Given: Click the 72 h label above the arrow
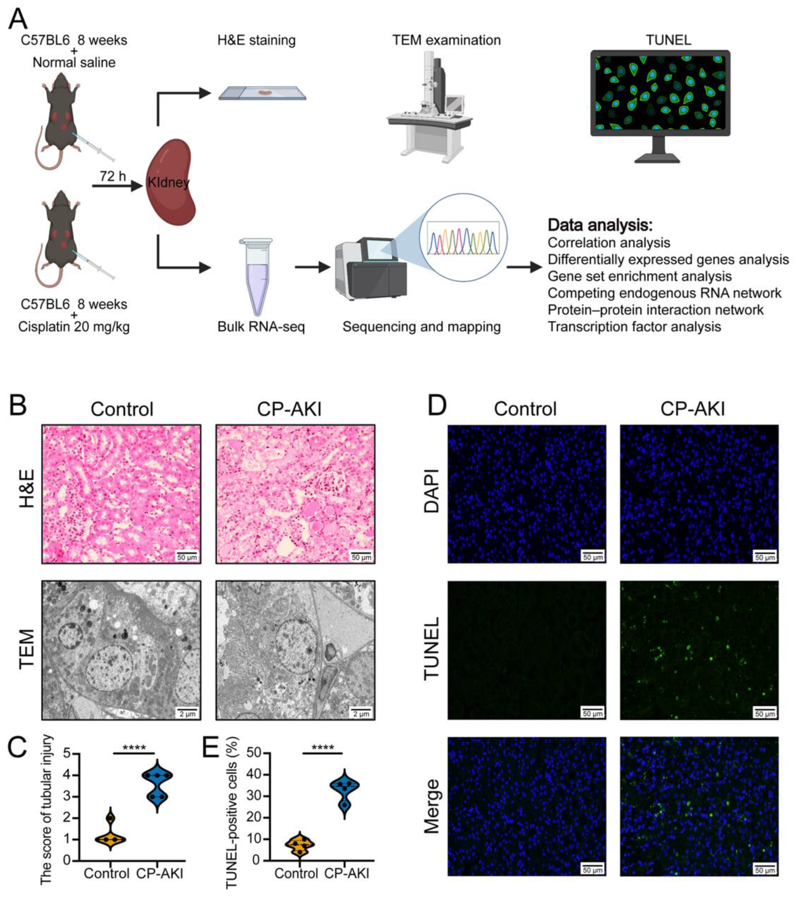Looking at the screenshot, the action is point(113,176).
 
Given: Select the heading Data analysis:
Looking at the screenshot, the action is point(600,226).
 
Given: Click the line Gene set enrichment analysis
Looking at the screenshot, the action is point(639,276).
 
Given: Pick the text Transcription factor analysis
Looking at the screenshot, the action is point(634,326).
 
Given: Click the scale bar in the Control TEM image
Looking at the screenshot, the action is point(187,713).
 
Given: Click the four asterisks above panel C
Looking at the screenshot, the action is point(134,748).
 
